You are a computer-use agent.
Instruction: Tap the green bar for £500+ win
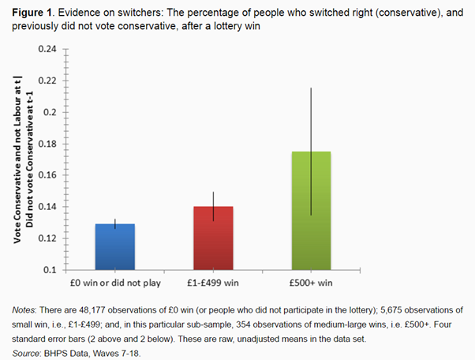(311, 210)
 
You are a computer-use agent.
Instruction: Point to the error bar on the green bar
(311, 118)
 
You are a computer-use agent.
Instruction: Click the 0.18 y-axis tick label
(48, 144)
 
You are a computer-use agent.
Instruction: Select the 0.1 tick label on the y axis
(51, 270)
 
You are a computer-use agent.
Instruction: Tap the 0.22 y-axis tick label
(48, 81)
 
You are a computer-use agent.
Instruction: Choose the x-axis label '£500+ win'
(312, 280)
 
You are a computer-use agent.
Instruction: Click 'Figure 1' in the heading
(29, 10)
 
